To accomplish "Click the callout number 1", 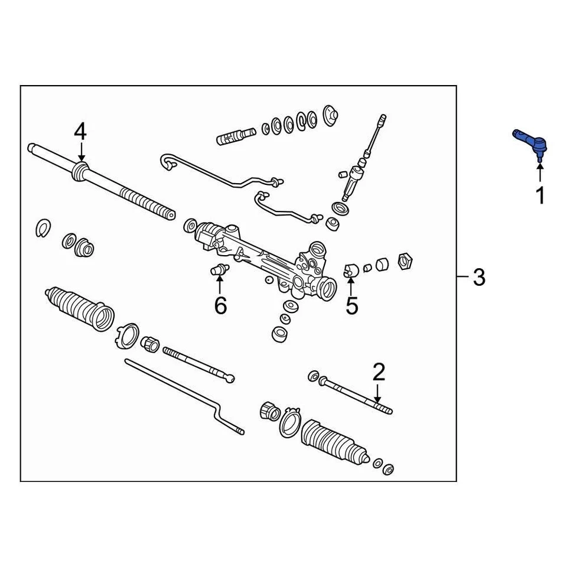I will click(540, 194).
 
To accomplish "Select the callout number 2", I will click(379, 372).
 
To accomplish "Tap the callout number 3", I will click(479, 276).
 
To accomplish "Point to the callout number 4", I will click(80, 131).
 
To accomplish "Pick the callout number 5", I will click(352, 306).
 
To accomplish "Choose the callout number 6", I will click(220, 306).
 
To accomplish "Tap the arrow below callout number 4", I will click(80, 151).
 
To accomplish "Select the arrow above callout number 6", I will click(220, 285).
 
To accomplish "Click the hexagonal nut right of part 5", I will click(406, 259).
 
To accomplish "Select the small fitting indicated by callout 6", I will click(219, 270).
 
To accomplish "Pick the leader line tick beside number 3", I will click(461, 276).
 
